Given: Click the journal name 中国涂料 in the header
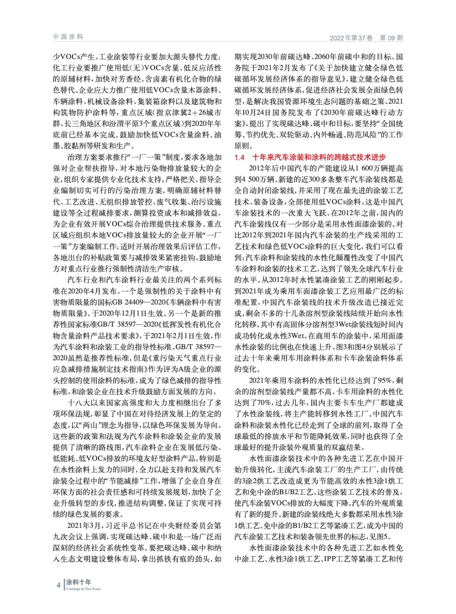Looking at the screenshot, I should (x=68, y=37).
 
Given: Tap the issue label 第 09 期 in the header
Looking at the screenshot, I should (x=391, y=38).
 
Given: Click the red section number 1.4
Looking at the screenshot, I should (x=239, y=157).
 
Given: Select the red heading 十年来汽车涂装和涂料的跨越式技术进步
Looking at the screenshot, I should (x=319, y=157).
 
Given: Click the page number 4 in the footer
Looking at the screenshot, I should (x=58, y=585).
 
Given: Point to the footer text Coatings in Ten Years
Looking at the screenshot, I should (x=83, y=589).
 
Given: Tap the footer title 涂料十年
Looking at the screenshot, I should (x=78, y=582).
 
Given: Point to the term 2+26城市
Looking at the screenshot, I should (x=203, y=113).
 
